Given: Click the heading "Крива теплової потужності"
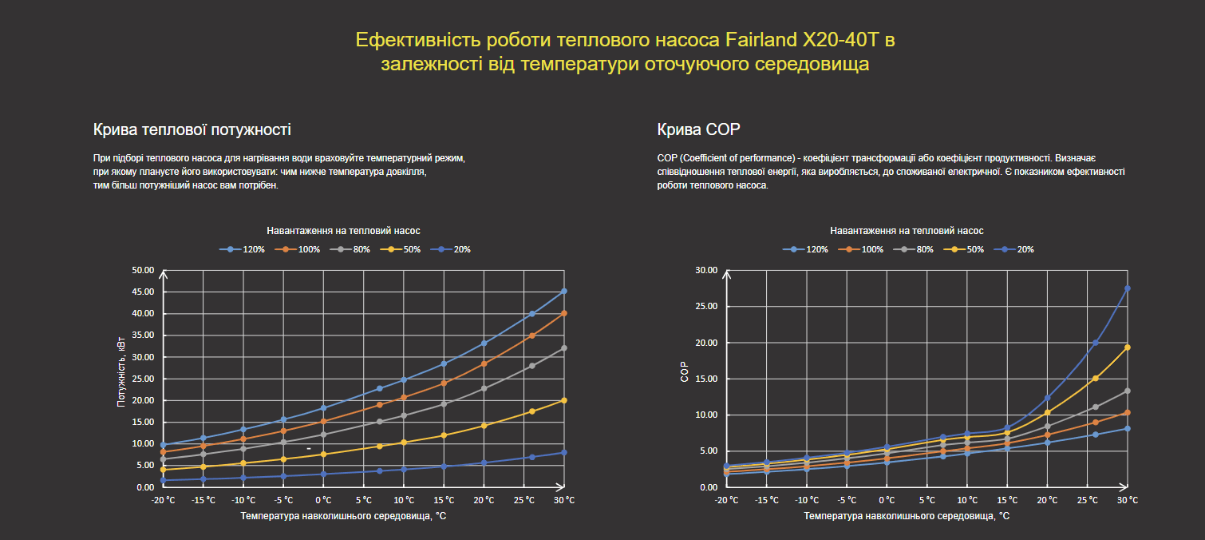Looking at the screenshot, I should pos(192,129).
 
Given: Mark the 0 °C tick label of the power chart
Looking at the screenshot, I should pos(323,500).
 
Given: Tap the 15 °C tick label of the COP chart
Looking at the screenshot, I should pos(1007,500).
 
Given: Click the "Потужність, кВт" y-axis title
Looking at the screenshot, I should pos(121,371).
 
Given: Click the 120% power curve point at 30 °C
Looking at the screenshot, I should pos(563,292).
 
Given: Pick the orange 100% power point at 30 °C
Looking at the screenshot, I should pos(563,313).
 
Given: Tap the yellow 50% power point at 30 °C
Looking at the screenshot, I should pos(563,400).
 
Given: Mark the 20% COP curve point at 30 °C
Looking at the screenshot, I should pos(1127,288).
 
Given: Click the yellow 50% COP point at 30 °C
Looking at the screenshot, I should pos(1127,347).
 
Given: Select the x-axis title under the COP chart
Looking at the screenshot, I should pos(907,516).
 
